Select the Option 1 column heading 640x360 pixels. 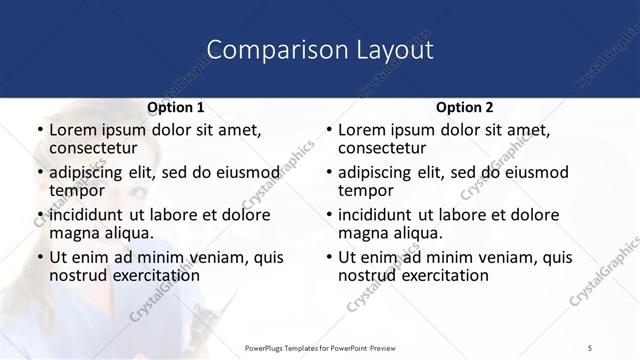point(175,107)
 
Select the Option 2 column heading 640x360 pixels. point(464,107)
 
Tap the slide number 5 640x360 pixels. point(591,347)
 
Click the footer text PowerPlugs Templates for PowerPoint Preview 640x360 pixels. point(319,347)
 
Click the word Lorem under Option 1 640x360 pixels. point(73,130)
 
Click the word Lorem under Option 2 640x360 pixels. point(362,130)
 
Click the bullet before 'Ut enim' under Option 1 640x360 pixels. point(39,258)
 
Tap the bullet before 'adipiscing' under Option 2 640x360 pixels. point(328,173)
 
